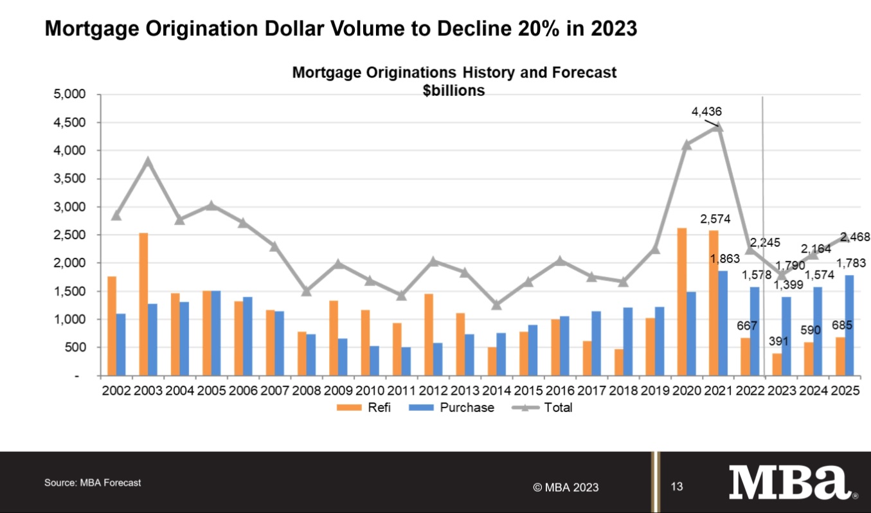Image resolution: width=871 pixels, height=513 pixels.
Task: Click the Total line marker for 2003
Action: click(x=148, y=161)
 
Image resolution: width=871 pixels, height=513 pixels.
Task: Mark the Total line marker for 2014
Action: click(x=496, y=305)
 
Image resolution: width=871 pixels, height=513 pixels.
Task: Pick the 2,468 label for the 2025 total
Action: click(x=856, y=237)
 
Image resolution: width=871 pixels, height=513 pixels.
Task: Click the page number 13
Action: click(x=677, y=487)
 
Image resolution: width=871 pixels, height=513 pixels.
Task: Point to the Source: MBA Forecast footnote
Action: click(x=93, y=482)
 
